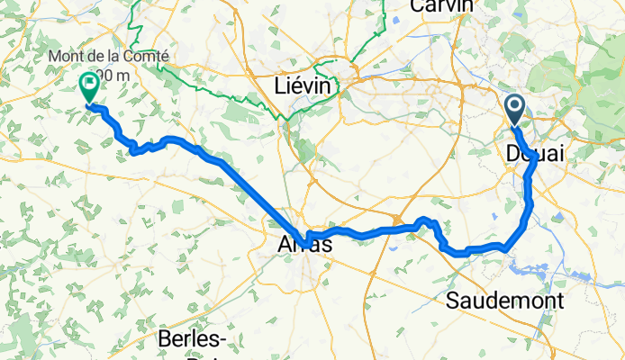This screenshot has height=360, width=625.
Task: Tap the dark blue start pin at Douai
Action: (515, 110)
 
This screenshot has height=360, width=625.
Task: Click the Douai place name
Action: (536, 154)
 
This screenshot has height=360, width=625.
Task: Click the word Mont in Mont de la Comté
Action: (68, 57)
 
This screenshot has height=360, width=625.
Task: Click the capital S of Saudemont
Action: (454, 301)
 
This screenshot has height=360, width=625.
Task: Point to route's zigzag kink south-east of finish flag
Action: (136, 149)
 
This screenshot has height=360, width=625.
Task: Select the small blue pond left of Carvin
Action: (394, 15)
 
